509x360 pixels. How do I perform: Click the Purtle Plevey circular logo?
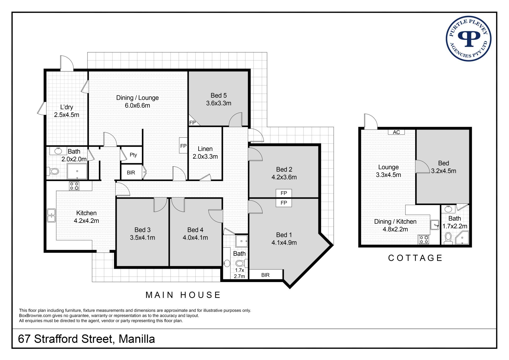pos(468,39)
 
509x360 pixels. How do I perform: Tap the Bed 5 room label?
pos(219,96)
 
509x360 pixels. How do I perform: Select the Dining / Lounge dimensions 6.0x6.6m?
pos(137,106)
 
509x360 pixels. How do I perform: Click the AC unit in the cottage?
pos(396,132)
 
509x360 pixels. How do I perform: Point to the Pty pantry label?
pos(133,155)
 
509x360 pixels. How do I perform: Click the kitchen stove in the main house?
pos(74,186)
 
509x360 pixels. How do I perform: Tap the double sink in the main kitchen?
pos(51,215)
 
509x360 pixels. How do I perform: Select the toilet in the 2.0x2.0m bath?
pos(53,171)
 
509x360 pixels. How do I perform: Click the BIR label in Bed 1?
pos(265,275)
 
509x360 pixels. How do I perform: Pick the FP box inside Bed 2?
pos(284,193)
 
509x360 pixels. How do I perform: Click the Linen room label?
pos(205,149)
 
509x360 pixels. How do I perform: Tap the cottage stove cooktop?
pos(424,240)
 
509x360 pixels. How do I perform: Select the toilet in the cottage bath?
pos(448,238)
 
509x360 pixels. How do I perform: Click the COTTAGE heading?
pos(415,258)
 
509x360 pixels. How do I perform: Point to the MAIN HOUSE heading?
pos(183,295)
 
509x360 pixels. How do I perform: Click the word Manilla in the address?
pos(137,339)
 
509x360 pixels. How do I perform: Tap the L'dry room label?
pos(67,107)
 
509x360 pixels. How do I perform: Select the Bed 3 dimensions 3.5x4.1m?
pos(142,238)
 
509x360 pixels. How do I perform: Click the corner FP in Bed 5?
pos(192,123)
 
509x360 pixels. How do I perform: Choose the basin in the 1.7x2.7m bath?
pos(227,263)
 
